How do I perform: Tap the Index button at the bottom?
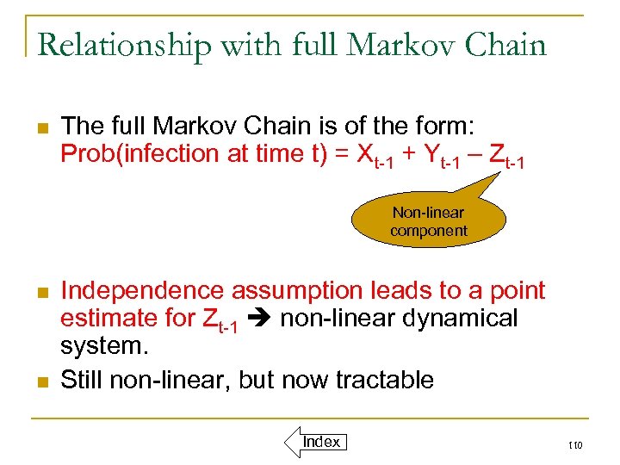320,442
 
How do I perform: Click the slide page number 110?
575,445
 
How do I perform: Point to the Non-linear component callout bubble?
428,221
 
